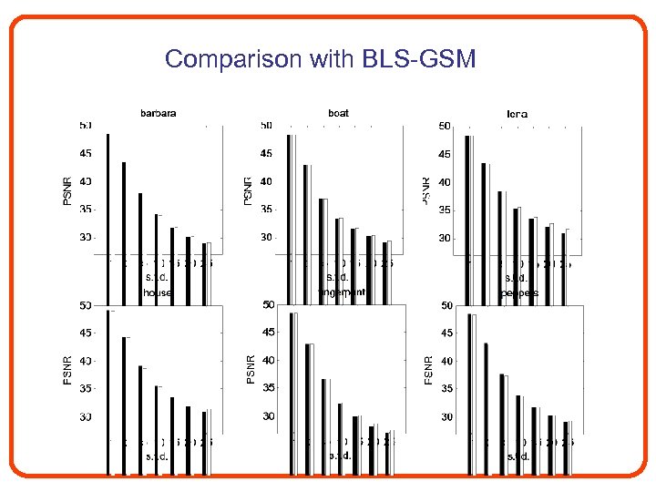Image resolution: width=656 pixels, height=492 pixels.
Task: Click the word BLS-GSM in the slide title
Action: (418, 60)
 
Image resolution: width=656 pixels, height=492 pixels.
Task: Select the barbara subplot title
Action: (158, 113)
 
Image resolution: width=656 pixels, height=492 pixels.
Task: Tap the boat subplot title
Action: (338, 113)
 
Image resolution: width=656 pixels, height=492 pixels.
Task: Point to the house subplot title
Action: (158, 292)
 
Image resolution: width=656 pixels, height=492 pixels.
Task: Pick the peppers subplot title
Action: (519, 293)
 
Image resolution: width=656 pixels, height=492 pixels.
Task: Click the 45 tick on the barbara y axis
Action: (85, 153)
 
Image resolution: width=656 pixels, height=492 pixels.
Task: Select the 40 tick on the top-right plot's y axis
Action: (446, 182)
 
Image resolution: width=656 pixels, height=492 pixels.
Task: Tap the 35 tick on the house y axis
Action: (85, 389)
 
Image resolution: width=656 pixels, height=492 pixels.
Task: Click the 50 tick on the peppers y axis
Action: (446, 306)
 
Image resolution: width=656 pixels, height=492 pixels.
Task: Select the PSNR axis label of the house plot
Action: (67, 370)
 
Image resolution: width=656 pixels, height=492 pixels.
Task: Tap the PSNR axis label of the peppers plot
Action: (427, 369)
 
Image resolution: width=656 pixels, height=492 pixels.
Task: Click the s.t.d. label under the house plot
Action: (157, 456)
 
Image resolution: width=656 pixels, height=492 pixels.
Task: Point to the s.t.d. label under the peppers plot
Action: (518, 456)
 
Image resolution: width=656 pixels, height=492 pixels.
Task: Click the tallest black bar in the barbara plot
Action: (108, 210)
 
